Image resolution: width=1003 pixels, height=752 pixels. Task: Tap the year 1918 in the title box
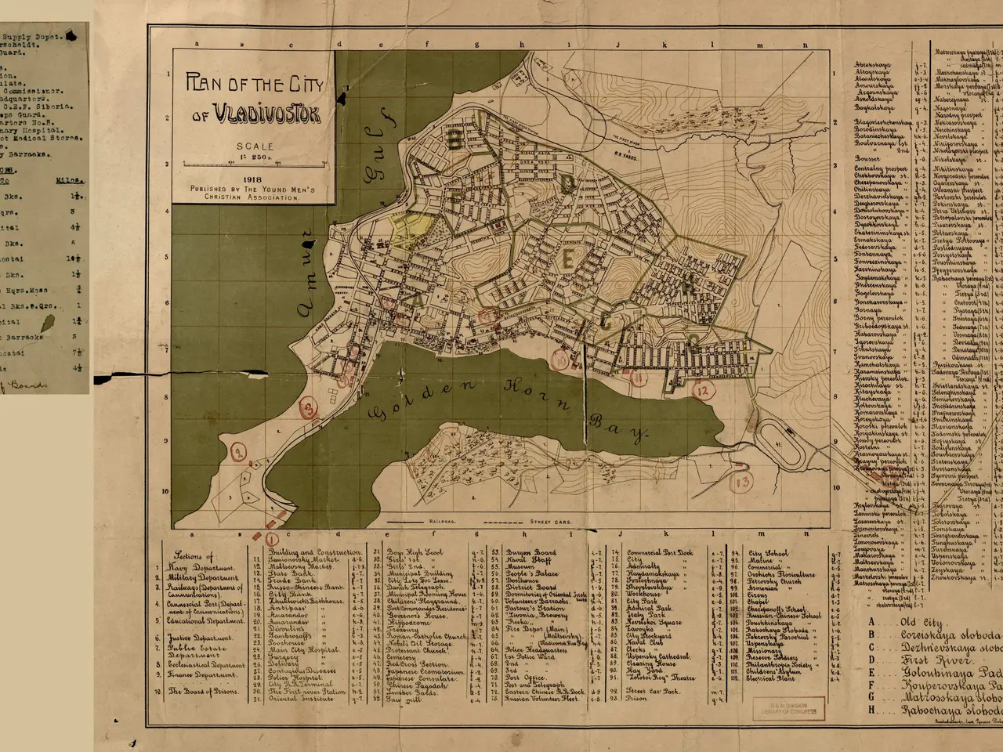[x=252, y=179]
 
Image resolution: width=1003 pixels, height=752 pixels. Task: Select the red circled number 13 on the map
[x=742, y=481]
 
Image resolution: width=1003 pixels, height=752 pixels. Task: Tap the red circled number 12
[x=703, y=390]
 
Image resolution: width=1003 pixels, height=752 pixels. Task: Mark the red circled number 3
[x=309, y=408]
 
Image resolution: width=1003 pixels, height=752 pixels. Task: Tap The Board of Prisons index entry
[x=202, y=691]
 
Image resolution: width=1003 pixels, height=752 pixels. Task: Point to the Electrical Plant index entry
[x=773, y=678]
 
